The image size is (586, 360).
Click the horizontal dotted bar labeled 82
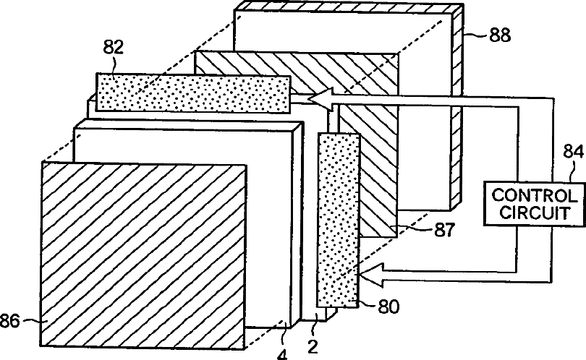click(x=192, y=93)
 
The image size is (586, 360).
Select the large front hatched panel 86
click(x=145, y=253)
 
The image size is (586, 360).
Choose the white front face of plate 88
click(x=427, y=145)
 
